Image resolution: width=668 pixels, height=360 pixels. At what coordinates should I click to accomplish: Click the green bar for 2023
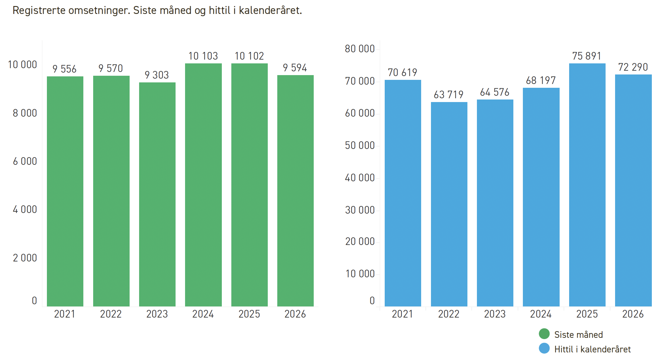pyautogui.click(x=157, y=194)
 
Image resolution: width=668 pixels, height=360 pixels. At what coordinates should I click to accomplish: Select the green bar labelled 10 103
pyautogui.click(x=203, y=185)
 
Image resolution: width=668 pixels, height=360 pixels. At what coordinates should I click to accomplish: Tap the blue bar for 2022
pyautogui.click(x=449, y=204)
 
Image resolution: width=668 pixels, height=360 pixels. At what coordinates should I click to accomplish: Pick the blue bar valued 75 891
pyautogui.click(x=587, y=185)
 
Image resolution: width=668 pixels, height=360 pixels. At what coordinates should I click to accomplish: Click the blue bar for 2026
pyautogui.click(x=633, y=190)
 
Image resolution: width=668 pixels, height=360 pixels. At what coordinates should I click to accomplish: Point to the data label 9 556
pyautogui.click(x=64, y=69)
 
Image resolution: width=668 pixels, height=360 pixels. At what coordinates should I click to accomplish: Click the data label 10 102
pyautogui.click(x=249, y=56)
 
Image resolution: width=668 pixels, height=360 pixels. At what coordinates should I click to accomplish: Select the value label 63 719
pyautogui.click(x=448, y=94)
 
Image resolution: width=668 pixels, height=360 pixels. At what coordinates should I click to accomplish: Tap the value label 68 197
pyautogui.click(x=541, y=80)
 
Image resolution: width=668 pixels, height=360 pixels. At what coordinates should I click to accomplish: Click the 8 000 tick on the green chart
pyautogui.click(x=25, y=113)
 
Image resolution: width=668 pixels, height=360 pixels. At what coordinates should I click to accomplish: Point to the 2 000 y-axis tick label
pyautogui.click(x=25, y=258)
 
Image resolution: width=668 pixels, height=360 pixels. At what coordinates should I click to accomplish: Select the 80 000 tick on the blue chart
pyautogui.click(x=360, y=49)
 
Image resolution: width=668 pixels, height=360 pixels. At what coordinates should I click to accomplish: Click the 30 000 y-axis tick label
pyautogui.click(x=360, y=210)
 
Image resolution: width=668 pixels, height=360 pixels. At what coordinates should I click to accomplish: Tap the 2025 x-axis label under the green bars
pyautogui.click(x=249, y=314)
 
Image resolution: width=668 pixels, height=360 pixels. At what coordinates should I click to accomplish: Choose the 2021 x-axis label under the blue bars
pyautogui.click(x=402, y=314)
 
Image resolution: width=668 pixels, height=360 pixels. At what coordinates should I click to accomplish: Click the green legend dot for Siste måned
pyautogui.click(x=544, y=334)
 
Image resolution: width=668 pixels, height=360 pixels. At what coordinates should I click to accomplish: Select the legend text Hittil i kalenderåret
pyautogui.click(x=593, y=349)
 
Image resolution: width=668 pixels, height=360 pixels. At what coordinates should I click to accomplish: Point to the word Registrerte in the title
pyautogui.click(x=39, y=10)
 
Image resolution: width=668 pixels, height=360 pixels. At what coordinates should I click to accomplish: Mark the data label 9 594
pyautogui.click(x=295, y=68)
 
